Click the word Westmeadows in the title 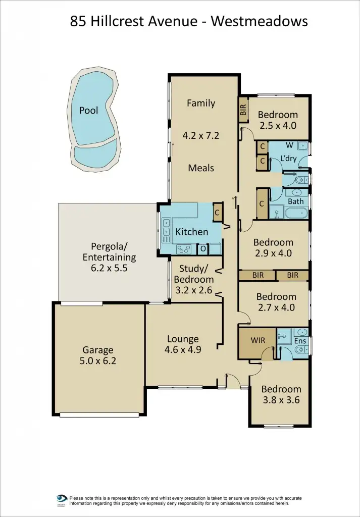260,21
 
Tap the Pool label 88,110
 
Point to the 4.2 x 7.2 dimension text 201,135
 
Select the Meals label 201,168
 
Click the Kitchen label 191,232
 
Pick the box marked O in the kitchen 203,249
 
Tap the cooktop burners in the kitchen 183,249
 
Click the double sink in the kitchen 166,228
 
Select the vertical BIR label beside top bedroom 243,110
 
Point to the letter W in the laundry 289,146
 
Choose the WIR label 258,341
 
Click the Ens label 300,341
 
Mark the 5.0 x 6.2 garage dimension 98,361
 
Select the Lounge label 183,339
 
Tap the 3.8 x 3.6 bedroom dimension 281,400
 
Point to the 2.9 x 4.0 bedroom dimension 273,253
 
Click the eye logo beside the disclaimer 62,498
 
